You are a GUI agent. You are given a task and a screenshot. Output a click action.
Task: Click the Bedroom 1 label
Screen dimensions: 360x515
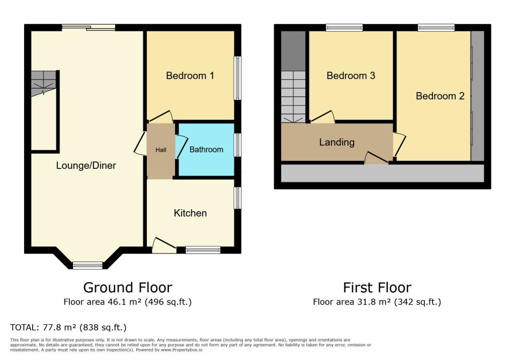pos(190,76)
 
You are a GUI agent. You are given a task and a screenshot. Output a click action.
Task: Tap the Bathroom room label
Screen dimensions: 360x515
pos(206,149)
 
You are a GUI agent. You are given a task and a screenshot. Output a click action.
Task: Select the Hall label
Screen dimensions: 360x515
pos(160,150)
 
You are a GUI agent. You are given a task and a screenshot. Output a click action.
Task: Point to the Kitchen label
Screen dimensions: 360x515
pos(190,213)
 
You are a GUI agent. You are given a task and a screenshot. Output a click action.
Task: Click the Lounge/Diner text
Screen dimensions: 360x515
pos(86,165)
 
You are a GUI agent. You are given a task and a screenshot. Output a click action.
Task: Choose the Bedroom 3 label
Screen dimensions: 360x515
pos(351,76)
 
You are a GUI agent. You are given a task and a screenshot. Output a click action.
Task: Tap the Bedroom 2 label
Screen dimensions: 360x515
pos(440,96)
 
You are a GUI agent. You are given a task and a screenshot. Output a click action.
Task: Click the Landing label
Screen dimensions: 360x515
pos(336,142)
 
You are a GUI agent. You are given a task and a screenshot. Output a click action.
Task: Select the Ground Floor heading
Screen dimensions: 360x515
pos(128,288)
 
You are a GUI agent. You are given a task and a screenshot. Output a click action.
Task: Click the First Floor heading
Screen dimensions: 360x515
pos(377,288)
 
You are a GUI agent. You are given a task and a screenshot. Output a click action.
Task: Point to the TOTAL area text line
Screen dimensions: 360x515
pos(68,327)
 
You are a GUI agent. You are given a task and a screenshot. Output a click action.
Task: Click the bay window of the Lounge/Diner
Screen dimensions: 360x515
pos(88,265)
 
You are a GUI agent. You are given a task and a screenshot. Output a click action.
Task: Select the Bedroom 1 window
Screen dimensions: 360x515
pos(237,78)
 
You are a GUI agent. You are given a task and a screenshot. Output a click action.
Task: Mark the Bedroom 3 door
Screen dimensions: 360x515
pos(323,117)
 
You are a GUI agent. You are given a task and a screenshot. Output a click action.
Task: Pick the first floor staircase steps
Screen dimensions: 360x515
pos(293,96)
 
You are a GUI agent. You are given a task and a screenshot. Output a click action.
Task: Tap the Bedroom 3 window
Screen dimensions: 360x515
pos(344,28)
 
